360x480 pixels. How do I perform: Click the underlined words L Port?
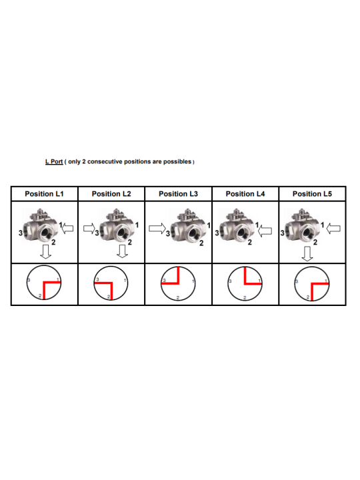pyautogui.click(x=54, y=161)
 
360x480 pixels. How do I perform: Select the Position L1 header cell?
pyautogui.click(x=45, y=194)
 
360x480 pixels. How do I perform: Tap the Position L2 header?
pyautogui.click(x=111, y=194)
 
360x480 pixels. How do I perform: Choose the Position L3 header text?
pyautogui.click(x=179, y=194)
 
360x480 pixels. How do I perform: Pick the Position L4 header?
pyautogui.click(x=245, y=194)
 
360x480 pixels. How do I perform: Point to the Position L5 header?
pyautogui.click(x=312, y=194)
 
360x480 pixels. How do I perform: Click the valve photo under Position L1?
pyautogui.click(x=40, y=226)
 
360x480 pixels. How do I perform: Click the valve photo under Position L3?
pyautogui.click(x=188, y=226)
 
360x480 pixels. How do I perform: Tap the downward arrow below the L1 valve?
pyautogui.click(x=46, y=251)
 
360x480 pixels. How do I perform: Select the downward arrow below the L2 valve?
pyautogui.click(x=123, y=251)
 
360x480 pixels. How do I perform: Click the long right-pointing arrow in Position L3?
pyautogui.click(x=157, y=229)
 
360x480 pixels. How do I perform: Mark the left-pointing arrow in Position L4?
pyautogui.click(x=265, y=231)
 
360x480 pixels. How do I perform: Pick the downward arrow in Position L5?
pyautogui.click(x=307, y=254)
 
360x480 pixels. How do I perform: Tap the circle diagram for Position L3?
pyautogui.click(x=161, y=284)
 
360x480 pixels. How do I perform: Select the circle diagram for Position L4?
pyautogui.click(x=228, y=284)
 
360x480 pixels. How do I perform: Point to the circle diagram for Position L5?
pyautogui.click(x=295, y=284)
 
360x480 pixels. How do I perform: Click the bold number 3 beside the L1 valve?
pyautogui.click(x=21, y=233)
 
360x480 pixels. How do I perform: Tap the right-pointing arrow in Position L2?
pyautogui.click(x=89, y=229)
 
